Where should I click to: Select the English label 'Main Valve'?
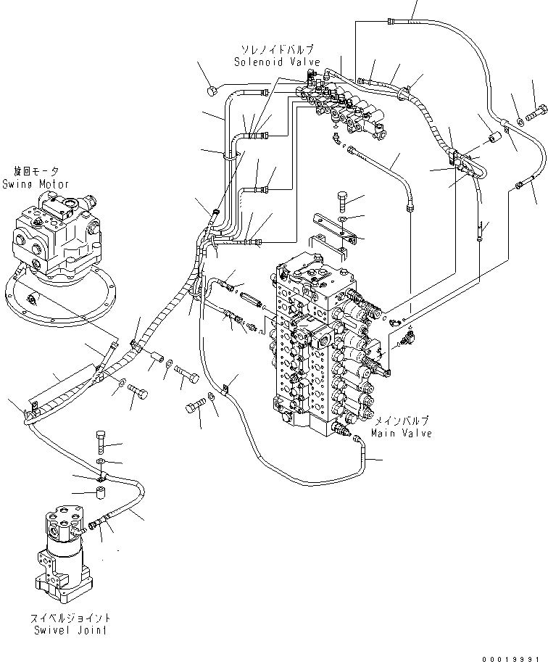401,433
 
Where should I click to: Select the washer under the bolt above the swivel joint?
101,461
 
